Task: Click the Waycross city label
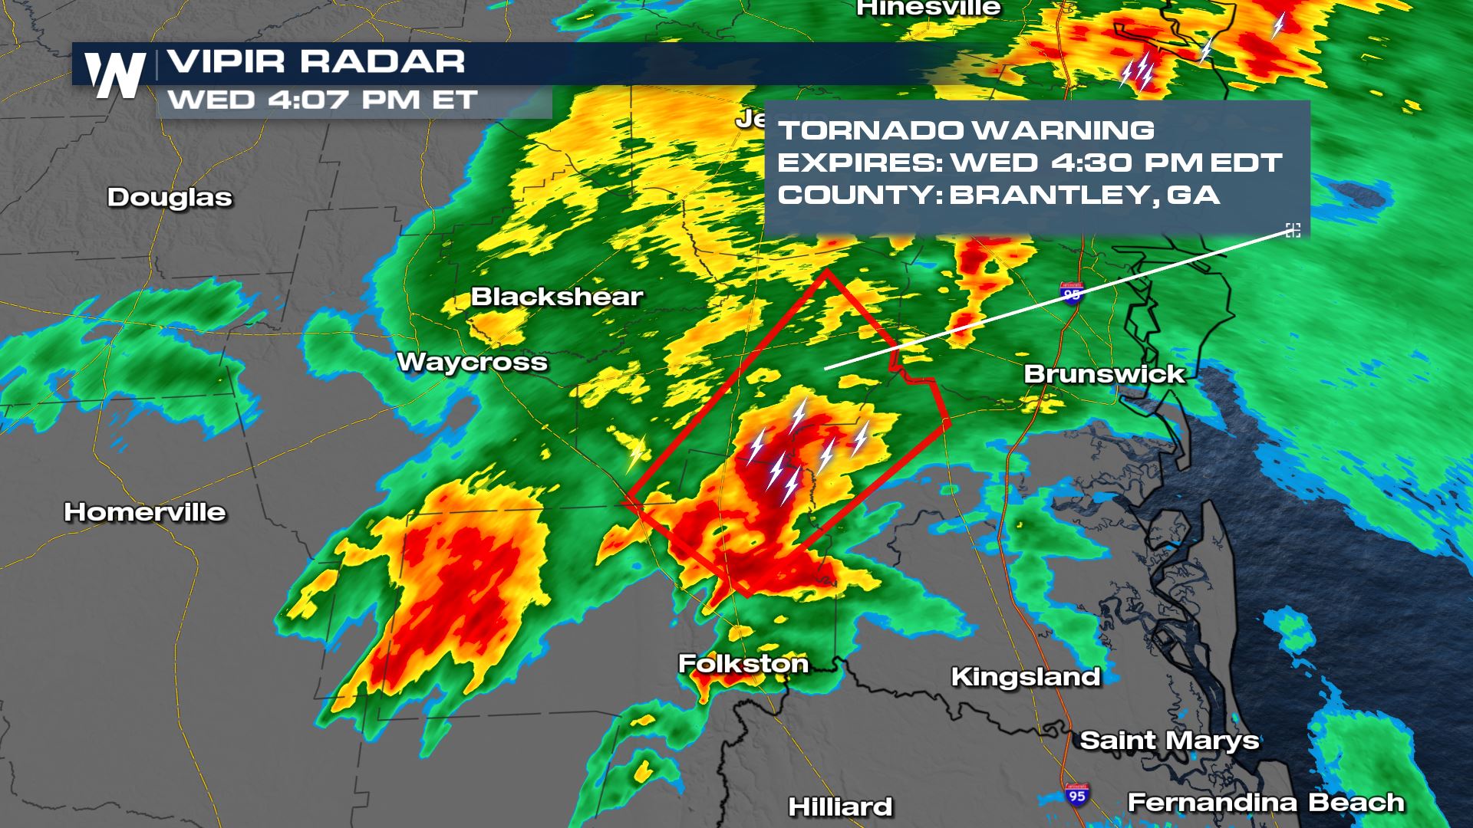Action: [472, 362]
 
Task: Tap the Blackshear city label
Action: [557, 297]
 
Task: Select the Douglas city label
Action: [170, 197]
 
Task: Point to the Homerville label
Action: [145, 512]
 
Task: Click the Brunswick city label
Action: [1105, 374]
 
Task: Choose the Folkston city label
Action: [743, 663]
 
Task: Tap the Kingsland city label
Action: [1026, 676]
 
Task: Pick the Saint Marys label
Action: [1169, 741]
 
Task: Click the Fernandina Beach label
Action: [1266, 803]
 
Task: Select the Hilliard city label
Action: [841, 807]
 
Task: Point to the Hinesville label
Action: [928, 8]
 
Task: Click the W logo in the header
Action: [115, 75]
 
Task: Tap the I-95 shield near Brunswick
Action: [1072, 293]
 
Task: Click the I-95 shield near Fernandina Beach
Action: [1077, 795]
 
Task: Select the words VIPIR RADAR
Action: [316, 61]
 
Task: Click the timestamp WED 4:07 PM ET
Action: [322, 100]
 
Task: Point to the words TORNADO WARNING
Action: [966, 130]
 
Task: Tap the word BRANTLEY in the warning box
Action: [1047, 195]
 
